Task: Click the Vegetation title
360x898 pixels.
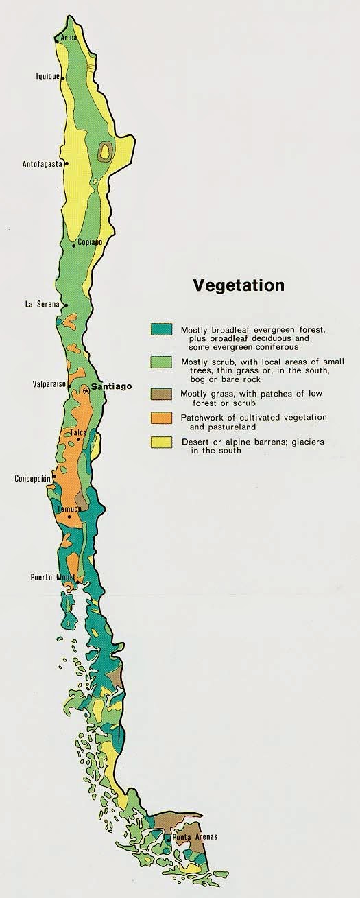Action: [238, 285]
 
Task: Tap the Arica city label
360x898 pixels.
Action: [69, 38]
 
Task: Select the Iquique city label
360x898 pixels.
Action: [47, 77]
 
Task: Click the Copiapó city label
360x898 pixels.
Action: [89, 242]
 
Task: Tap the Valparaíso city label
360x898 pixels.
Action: [48, 385]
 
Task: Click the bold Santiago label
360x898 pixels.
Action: [111, 387]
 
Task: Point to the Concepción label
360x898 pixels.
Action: [33, 478]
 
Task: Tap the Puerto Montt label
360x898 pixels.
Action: [52, 577]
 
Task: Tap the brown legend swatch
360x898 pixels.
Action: [162, 394]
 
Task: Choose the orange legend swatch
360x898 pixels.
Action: [162, 418]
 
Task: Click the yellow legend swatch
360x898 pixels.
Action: [162, 442]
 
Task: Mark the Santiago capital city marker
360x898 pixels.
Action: [86, 390]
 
